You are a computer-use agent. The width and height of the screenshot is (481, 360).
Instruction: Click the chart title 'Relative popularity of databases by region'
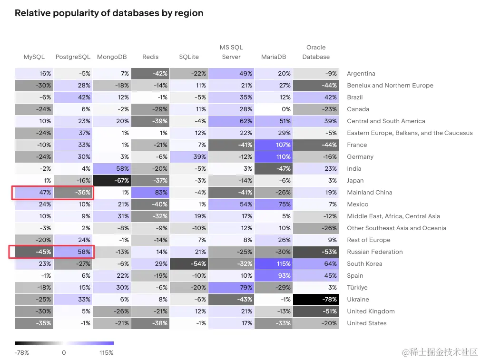[x=109, y=13]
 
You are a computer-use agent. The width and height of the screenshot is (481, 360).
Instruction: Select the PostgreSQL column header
[x=73, y=57]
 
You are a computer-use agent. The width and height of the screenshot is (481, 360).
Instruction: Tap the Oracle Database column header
[x=316, y=52]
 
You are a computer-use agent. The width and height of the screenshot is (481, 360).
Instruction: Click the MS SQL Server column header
[x=231, y=52]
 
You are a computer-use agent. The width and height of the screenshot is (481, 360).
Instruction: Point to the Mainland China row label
[x=370, y=193]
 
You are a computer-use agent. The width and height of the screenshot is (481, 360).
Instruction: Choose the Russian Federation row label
[x=375, y=252]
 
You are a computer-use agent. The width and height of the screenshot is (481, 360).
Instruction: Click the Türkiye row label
[x=357, y=288]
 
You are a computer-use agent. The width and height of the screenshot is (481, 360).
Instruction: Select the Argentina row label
[x=361, y=74]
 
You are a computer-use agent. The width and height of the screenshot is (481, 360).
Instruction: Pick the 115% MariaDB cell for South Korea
[x=273, y=264]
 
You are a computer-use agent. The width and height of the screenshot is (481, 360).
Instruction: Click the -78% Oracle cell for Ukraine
[x=316, y=300]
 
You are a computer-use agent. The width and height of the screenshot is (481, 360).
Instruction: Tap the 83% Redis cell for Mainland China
[x=150, y=193]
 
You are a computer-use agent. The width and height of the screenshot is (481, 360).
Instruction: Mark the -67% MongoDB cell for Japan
[x=112, y=181]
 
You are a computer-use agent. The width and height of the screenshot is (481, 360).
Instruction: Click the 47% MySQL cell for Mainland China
[x=34, y=193]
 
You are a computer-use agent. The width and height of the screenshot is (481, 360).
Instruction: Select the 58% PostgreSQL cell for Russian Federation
[x=73, y=252]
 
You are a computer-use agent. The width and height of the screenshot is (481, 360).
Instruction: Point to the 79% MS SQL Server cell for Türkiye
[x=231, y=288]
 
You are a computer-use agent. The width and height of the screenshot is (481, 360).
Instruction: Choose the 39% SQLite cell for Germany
[x=188, y=157]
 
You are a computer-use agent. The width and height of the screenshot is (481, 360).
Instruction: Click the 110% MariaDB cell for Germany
[x=273, y=157]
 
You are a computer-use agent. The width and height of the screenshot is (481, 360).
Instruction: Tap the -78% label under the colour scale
[x=22, y=353]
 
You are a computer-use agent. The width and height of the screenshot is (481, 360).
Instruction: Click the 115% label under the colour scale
[x=107, y=353]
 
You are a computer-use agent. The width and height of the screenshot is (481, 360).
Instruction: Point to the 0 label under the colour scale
[x=64, y=353]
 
